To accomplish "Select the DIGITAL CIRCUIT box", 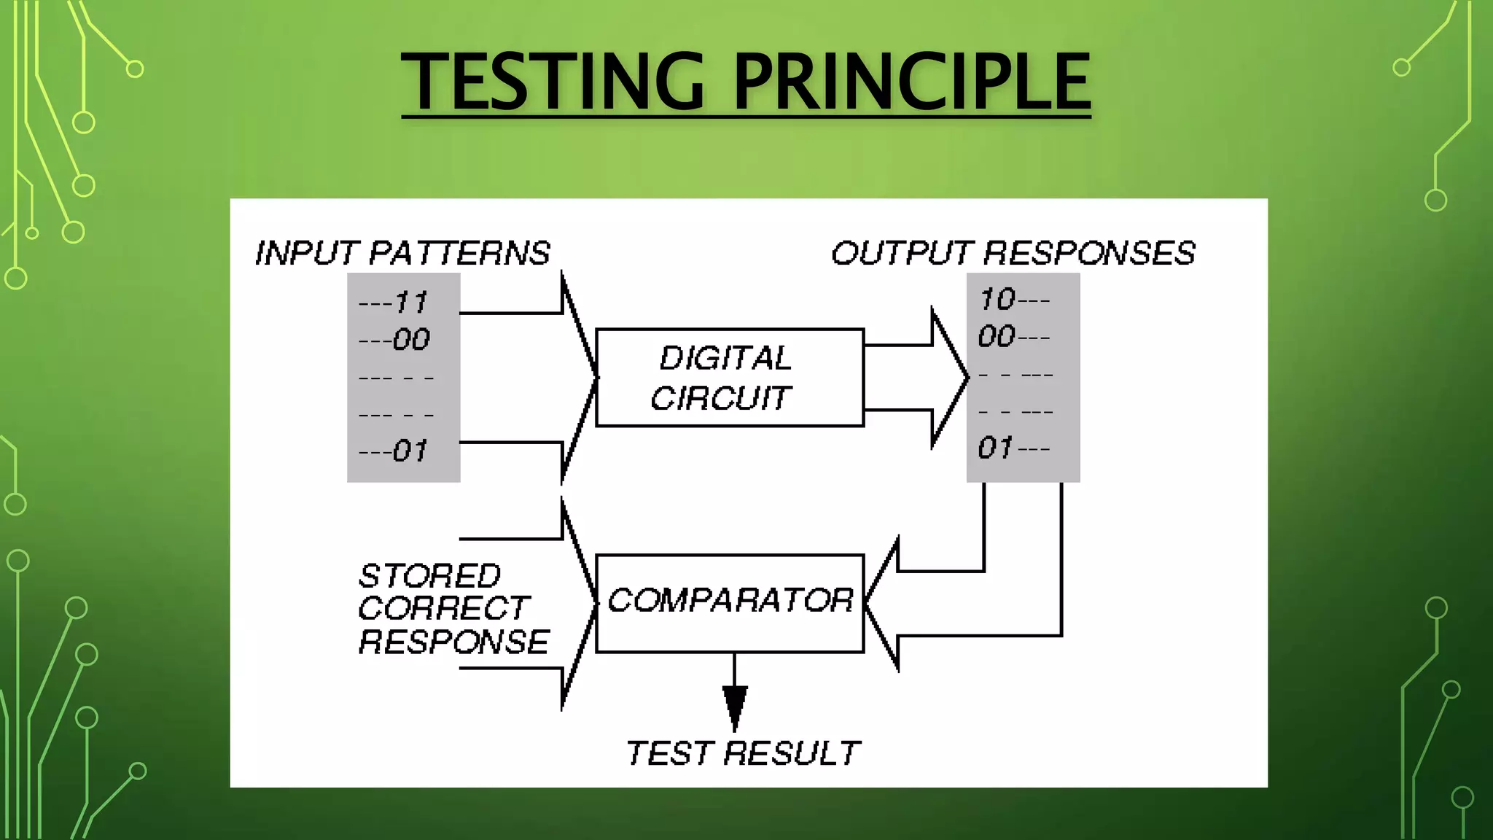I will pos(730,378).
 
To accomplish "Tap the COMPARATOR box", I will pos(730,602).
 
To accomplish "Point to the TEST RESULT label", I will pos(743,753).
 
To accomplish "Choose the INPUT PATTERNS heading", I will pos(402,253).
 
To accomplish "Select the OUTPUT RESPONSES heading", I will pos(1013,253).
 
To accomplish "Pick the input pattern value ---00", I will pos(394,340).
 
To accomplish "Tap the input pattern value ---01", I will pos(393,451).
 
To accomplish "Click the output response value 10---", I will pos(1014,300).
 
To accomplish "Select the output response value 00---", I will pos(1014,337).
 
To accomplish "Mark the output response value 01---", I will pos(1014,448).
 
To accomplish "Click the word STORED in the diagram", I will pos(429,576).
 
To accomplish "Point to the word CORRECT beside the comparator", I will pos(443,608).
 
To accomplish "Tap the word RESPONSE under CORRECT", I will pos(453,642).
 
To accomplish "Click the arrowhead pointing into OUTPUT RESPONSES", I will pos(948,378).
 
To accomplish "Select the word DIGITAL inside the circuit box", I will pos(725,358).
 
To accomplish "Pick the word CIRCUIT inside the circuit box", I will pos(720,398).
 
